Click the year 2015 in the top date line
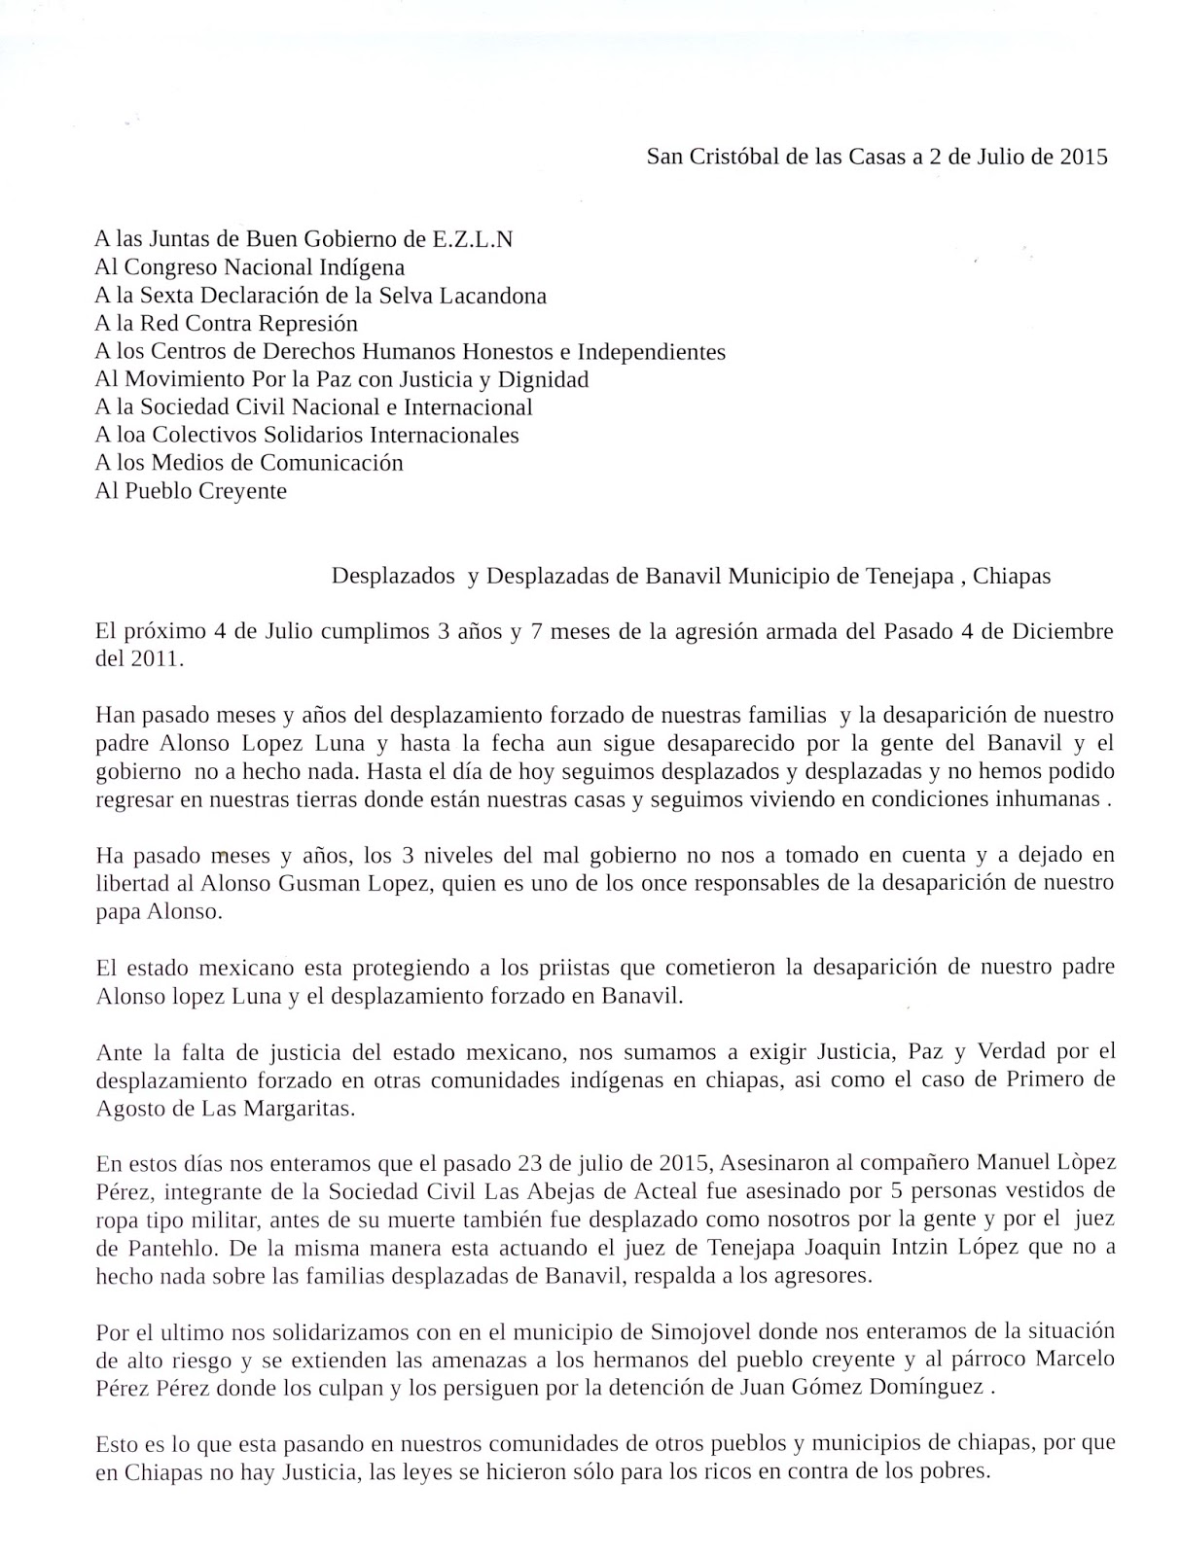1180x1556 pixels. [x=1084, y=158]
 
